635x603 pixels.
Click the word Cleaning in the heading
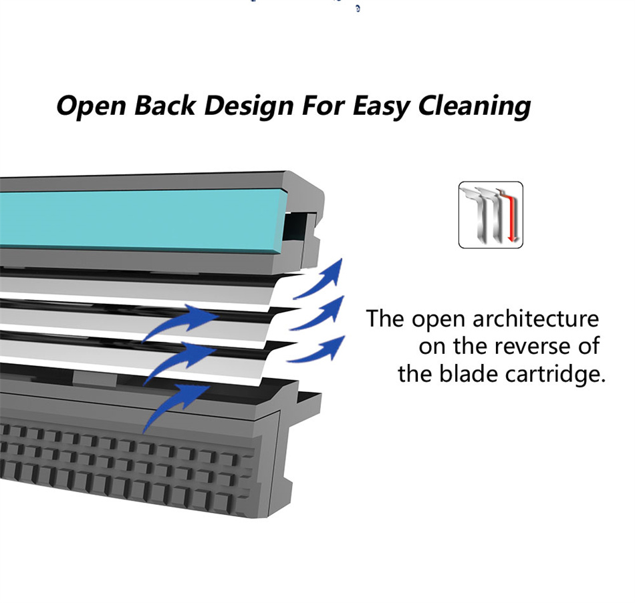pyautogui.click(x=475, y=106)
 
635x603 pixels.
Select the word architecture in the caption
pyautogui.click(x=535, y=319)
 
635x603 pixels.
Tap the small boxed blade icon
pyautogui.click(x=491, y=215)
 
